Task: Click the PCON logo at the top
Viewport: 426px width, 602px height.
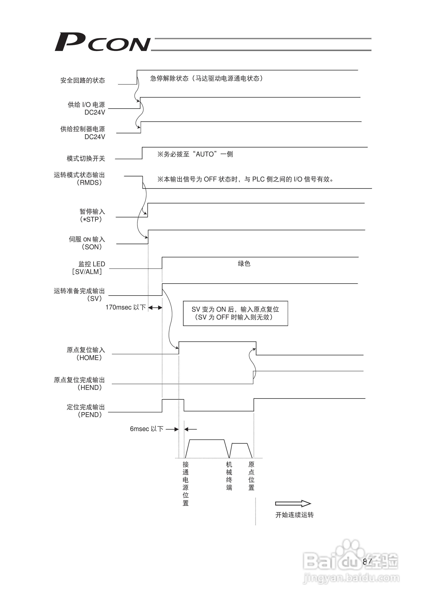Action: [102, 42]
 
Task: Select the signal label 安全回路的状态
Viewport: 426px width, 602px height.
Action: [82, 80]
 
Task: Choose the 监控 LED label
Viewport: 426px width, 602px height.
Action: [92, 264]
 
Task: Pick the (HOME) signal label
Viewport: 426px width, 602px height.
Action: [89, 358]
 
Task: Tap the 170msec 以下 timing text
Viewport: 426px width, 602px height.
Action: [125, 307]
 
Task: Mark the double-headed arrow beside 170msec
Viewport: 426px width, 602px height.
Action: [155, 308]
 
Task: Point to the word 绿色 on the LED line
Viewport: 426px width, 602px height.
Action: [244, 263]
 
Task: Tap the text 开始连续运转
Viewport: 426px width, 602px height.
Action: [294, 515]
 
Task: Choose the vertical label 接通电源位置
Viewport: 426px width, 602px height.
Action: [186, 483]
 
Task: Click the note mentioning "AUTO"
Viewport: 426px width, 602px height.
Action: [195, 154]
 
